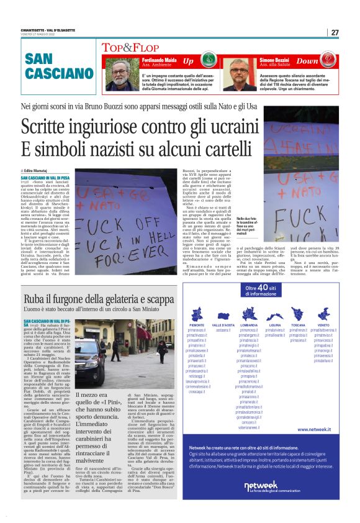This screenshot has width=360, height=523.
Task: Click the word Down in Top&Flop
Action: click(x=307, y=62)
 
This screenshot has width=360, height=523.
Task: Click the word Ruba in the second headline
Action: click(x=32, y=299)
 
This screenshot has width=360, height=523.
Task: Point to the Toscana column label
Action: click(x=298, y=324)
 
